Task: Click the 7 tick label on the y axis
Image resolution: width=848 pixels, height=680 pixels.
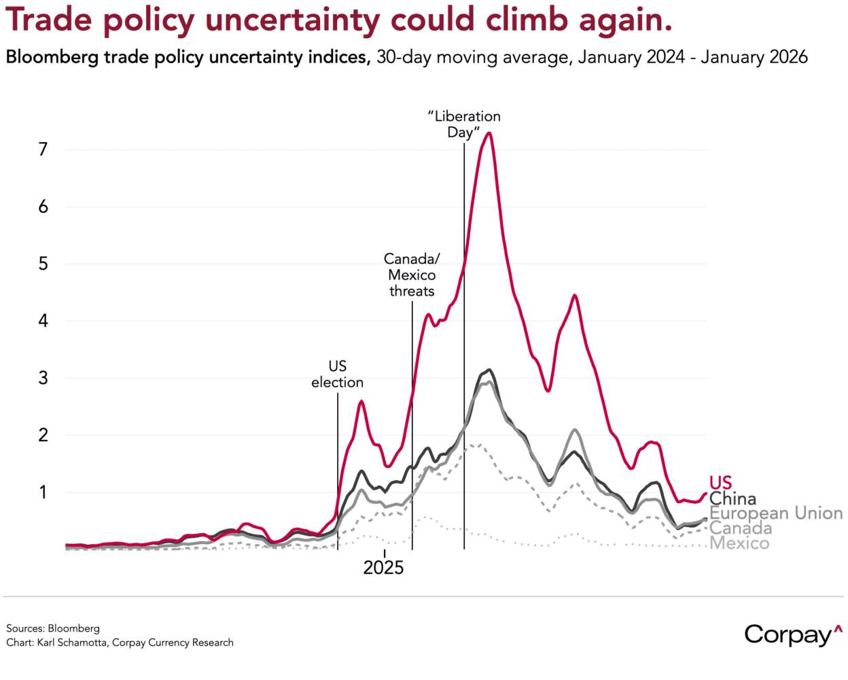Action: (43, 149)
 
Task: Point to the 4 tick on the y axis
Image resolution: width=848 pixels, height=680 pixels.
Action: (43, 320)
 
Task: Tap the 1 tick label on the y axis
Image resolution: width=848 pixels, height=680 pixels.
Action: (43, 492)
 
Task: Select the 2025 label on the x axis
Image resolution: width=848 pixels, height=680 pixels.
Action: (383, 568)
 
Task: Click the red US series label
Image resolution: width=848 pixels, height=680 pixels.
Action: (720, 483)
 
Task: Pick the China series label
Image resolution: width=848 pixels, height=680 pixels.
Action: (732, 498)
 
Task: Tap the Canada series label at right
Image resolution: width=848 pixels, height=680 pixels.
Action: (741, 528)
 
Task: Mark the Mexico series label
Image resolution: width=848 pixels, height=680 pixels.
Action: (739, 543)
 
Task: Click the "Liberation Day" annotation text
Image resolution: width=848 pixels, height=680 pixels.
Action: (464, 124)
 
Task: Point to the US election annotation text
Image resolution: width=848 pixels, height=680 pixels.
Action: (337, 375)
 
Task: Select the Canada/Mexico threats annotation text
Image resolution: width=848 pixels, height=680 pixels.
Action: (412, 275)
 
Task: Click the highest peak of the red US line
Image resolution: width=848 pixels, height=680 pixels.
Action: (489, 133)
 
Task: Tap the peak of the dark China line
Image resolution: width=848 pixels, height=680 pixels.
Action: (489, 370)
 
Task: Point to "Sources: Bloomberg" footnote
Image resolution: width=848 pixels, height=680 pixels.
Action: (53, 628)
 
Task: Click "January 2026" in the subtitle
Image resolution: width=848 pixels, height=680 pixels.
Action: (754, 57)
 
